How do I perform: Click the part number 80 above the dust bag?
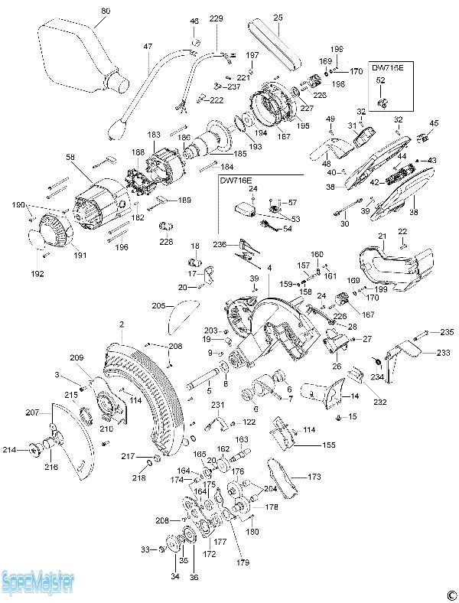(x=106, y=11)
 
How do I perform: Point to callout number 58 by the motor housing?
(x=70, y=157)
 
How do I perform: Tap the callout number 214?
(x=10, y=450)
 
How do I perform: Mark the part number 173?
(x=314, y=477)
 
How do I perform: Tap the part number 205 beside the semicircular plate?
(x=158, y=306)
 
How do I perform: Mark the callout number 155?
(x=328, y=445)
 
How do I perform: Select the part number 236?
(x=220, y=244)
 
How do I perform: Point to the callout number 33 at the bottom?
(x=145, y=549)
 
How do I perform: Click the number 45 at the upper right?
(x=434, y=122)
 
